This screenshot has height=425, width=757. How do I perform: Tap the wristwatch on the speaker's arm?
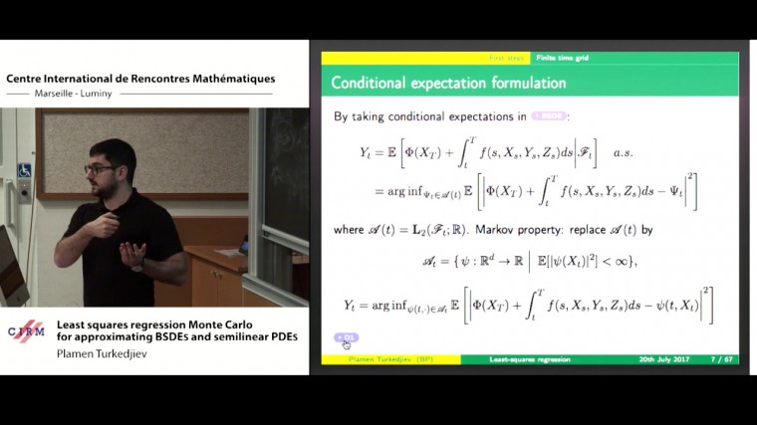pos(137,265)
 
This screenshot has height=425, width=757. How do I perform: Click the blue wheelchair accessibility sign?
pos(24,170)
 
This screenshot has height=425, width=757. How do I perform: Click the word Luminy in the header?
pos(119,97)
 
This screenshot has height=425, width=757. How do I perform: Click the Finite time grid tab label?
pos(561,58)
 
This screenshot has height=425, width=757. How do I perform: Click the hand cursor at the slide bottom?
pos(347,345)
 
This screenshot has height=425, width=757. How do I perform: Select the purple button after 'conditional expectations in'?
pos(549,116)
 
